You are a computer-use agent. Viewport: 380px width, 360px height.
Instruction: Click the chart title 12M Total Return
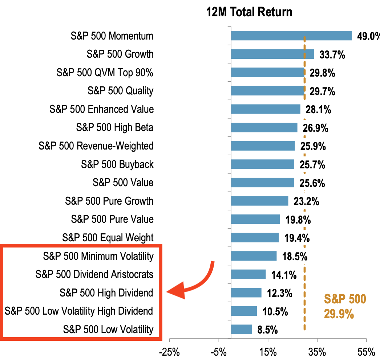tap(249, 12)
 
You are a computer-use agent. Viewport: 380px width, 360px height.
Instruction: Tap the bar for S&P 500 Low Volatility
tap(241, 329)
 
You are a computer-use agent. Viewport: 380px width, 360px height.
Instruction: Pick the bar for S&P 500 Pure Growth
tap(259, 201)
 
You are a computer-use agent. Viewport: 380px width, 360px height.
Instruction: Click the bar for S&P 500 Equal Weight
tap(255, 238)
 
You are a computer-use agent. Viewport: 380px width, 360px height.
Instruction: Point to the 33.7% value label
tap(332, 55)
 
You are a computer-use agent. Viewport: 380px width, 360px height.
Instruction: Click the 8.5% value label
tap(267, 330)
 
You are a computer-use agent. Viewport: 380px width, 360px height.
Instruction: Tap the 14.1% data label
tap(284, 275)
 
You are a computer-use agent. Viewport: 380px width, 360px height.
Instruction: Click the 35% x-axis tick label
tap(317, 352)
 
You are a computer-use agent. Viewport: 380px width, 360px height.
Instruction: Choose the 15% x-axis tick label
tap(268, 352)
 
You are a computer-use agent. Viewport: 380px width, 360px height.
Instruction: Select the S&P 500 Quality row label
tap(120, 91)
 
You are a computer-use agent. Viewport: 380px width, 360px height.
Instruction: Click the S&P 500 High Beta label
tap(114, 127)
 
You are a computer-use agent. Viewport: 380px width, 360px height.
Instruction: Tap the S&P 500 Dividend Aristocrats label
tap(94, 274)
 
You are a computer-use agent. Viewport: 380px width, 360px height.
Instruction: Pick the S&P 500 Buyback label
tap(117, 164)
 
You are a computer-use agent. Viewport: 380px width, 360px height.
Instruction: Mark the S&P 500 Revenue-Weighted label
tap(96, 146)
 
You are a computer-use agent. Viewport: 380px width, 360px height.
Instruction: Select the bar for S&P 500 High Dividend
tap(246, 292)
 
